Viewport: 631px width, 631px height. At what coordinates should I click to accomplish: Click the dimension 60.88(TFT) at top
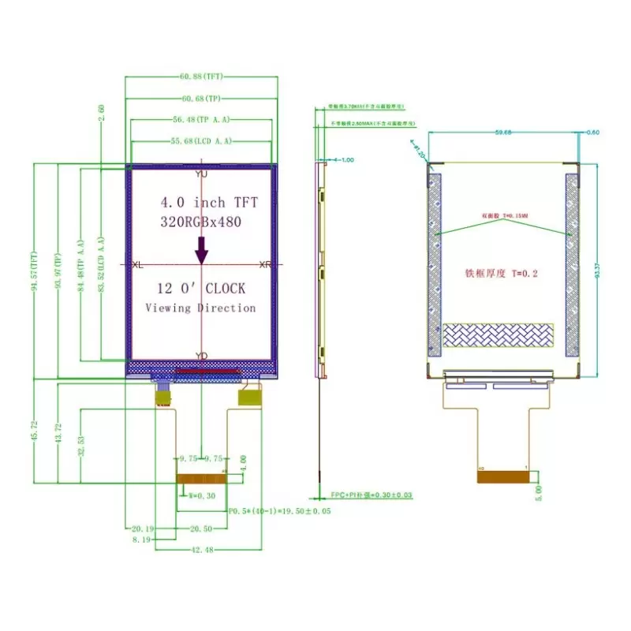[x=202, y=77]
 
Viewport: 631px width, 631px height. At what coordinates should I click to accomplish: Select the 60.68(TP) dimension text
[x=201, y=99]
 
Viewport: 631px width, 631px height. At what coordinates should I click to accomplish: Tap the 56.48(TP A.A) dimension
[x=201, y=120]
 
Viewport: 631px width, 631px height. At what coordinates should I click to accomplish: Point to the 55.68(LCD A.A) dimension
[x=201, y=141]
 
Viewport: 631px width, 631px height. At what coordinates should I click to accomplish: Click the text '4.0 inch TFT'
[x=202, y=203]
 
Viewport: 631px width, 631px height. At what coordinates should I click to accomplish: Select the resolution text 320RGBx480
[x=200, y=222]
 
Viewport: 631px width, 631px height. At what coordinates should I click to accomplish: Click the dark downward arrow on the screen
[x=202, y=250]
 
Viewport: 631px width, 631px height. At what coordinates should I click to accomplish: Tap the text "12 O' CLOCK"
[x=200, y=289]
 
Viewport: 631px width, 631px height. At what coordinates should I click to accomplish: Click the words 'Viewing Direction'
[x=200, y=308]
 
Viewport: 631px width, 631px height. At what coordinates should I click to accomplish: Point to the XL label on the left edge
[x=138, y=265]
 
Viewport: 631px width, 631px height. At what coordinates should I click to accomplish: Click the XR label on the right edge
[x=265, y=265]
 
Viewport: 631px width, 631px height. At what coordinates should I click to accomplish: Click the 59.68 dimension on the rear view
[x=502, y=133]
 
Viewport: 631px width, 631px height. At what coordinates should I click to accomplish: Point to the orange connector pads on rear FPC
[x=502, y=475]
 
